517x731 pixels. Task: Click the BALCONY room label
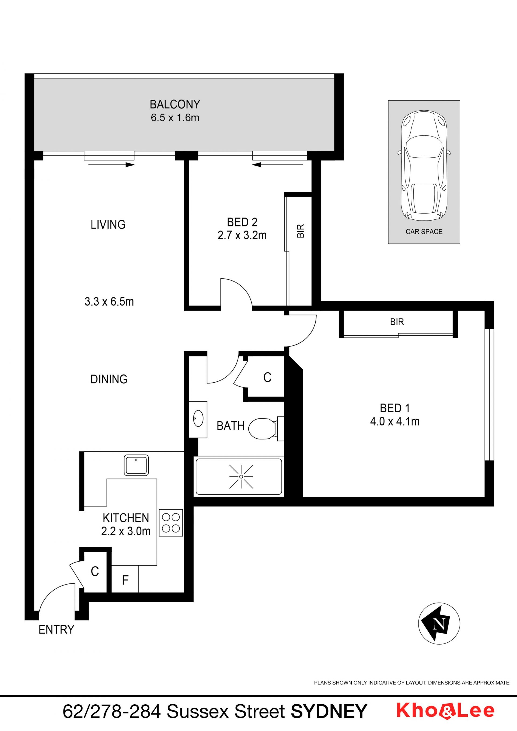[x=175, y=104]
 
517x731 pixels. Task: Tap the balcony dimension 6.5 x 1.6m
[x=175, y=118]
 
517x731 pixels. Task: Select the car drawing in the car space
[x=424, y=166]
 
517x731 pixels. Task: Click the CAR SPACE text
[x=424, y=232]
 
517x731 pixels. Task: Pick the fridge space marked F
[x=125, y=580]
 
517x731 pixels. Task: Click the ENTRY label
[x=56, y=629]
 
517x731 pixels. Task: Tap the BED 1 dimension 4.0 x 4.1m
[x=395, y=422]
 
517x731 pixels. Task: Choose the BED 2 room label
[x=242, y=222]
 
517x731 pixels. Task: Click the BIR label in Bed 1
[x=397, y=322]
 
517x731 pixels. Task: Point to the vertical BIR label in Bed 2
[x=301, y=231]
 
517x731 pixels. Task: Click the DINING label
[x=109, y=379]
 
